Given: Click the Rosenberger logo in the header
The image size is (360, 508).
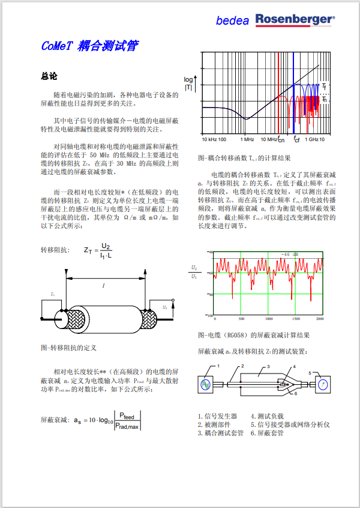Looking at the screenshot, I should [x=295, y=20].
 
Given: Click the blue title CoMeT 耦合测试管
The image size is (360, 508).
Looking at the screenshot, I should [x=91, y=46].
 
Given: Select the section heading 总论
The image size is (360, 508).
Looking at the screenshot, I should [x=49, y=77].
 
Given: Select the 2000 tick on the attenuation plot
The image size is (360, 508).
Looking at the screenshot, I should [x=320, y=319].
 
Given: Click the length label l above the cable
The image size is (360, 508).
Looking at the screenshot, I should [x=103, y=286].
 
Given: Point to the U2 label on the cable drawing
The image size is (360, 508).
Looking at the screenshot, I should [x=164, y=308].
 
